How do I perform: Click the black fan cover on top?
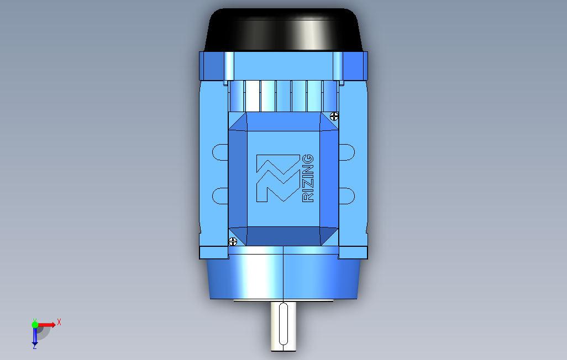tap(283, 30)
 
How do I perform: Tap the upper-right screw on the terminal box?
tap(334, 116)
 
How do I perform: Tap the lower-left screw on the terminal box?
tap(233, 241)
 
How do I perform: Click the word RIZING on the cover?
tap(308, 178)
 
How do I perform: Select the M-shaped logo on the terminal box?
tap(278, 178)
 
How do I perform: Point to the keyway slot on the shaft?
tap(283, 324)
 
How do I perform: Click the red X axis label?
tap(59, 322)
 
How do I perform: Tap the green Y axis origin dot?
tap(35, 325)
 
